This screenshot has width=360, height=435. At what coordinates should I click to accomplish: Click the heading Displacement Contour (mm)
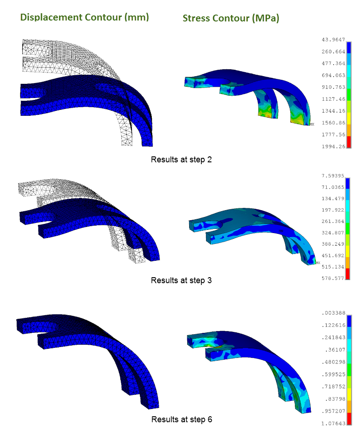[x=84, y=17]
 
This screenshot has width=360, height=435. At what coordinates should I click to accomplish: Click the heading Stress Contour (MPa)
[x=231, y=18]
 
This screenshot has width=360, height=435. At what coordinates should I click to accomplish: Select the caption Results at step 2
[x=181, y=160]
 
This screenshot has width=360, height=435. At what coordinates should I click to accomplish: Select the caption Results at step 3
[x=181, y=280]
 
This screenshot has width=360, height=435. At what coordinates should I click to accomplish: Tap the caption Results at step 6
[x=181, y=419]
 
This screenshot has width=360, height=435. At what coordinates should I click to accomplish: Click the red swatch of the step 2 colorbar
[x=349, y=142]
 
